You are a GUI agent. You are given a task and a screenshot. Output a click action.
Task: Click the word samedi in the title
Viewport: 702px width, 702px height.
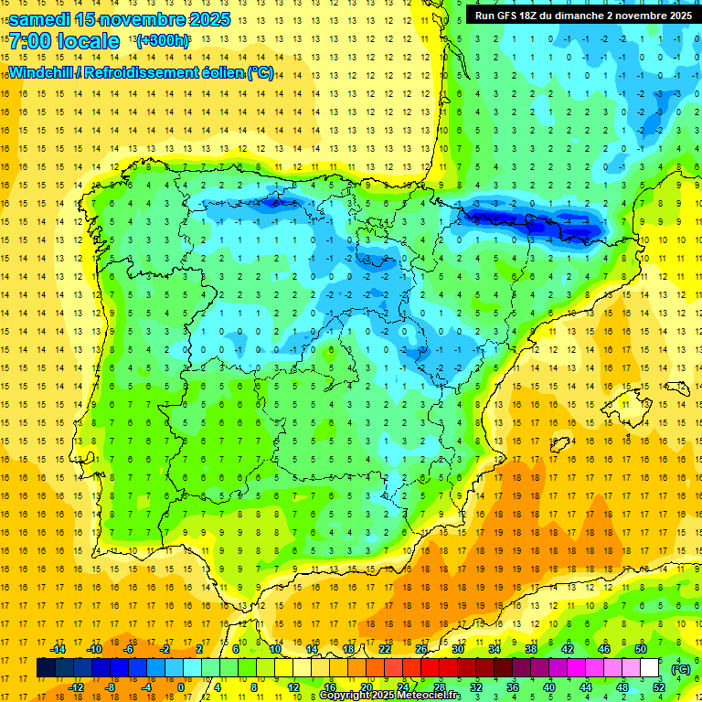coord(41,19)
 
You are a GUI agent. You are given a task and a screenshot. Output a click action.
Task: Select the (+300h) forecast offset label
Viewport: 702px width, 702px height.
coord(163,41)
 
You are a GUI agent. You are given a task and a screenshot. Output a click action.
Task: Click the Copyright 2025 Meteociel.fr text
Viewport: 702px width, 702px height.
coord(389,696)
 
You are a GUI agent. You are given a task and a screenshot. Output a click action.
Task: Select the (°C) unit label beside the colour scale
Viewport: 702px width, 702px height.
coord(680,669)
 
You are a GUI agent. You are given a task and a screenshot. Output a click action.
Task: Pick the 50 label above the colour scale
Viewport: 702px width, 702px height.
coord(641,649)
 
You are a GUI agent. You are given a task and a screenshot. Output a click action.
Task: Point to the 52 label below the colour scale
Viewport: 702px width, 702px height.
coord(659,687)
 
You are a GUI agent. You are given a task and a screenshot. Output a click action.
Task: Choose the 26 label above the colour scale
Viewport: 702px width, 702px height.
coord(421,649)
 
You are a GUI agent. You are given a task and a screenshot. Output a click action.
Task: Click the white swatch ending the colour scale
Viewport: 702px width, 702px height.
coord(650,668)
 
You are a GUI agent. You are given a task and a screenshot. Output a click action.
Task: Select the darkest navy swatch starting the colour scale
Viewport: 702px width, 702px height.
coord(46,668)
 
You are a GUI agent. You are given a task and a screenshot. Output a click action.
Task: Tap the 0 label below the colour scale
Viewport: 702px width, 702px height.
coord(180,687)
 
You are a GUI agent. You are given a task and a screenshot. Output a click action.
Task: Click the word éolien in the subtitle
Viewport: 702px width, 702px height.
coord(223,73)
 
